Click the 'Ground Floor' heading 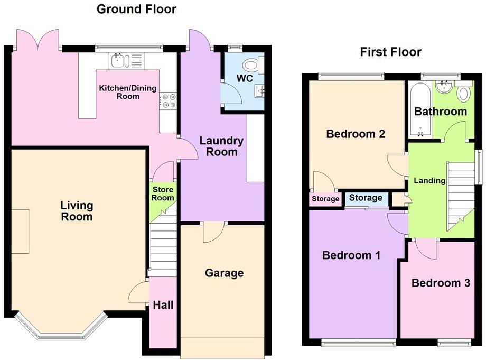tap(136, 9)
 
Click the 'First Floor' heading tap(390, 52)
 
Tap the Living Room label tap(77, 211)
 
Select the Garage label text tap(225, 273)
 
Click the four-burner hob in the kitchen tap(168, 100)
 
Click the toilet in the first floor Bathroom tap(464, 94)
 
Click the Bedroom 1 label tap(351, 255)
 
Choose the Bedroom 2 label tap(355, 134)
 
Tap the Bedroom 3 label tap(441, 283)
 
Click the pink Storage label tap(325, 199)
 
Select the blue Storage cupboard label tap(366, 198)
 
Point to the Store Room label tap(163, 193)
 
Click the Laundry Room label tap(221, 146)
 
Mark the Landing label tap(429, 181)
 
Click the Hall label tap(163, 305)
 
